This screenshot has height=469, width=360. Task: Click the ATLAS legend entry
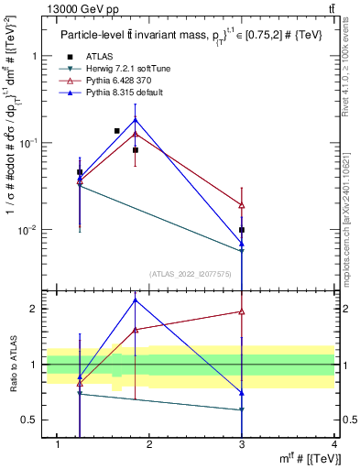[x=98, y=57]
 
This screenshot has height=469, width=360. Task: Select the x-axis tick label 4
[x=335, y=445]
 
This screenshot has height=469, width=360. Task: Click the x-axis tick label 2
[x=150, y=445]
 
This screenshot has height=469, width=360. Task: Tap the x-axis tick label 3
[x=243, y=445]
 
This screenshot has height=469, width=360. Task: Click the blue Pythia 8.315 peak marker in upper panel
[x=136, y=120]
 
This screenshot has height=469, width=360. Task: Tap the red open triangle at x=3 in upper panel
[x=242, y=205]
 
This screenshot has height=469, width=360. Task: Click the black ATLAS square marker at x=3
[x=242, y=230]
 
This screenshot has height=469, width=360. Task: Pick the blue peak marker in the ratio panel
[x=136, y=300]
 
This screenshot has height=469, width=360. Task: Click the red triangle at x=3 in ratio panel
[x=242, y=311]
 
